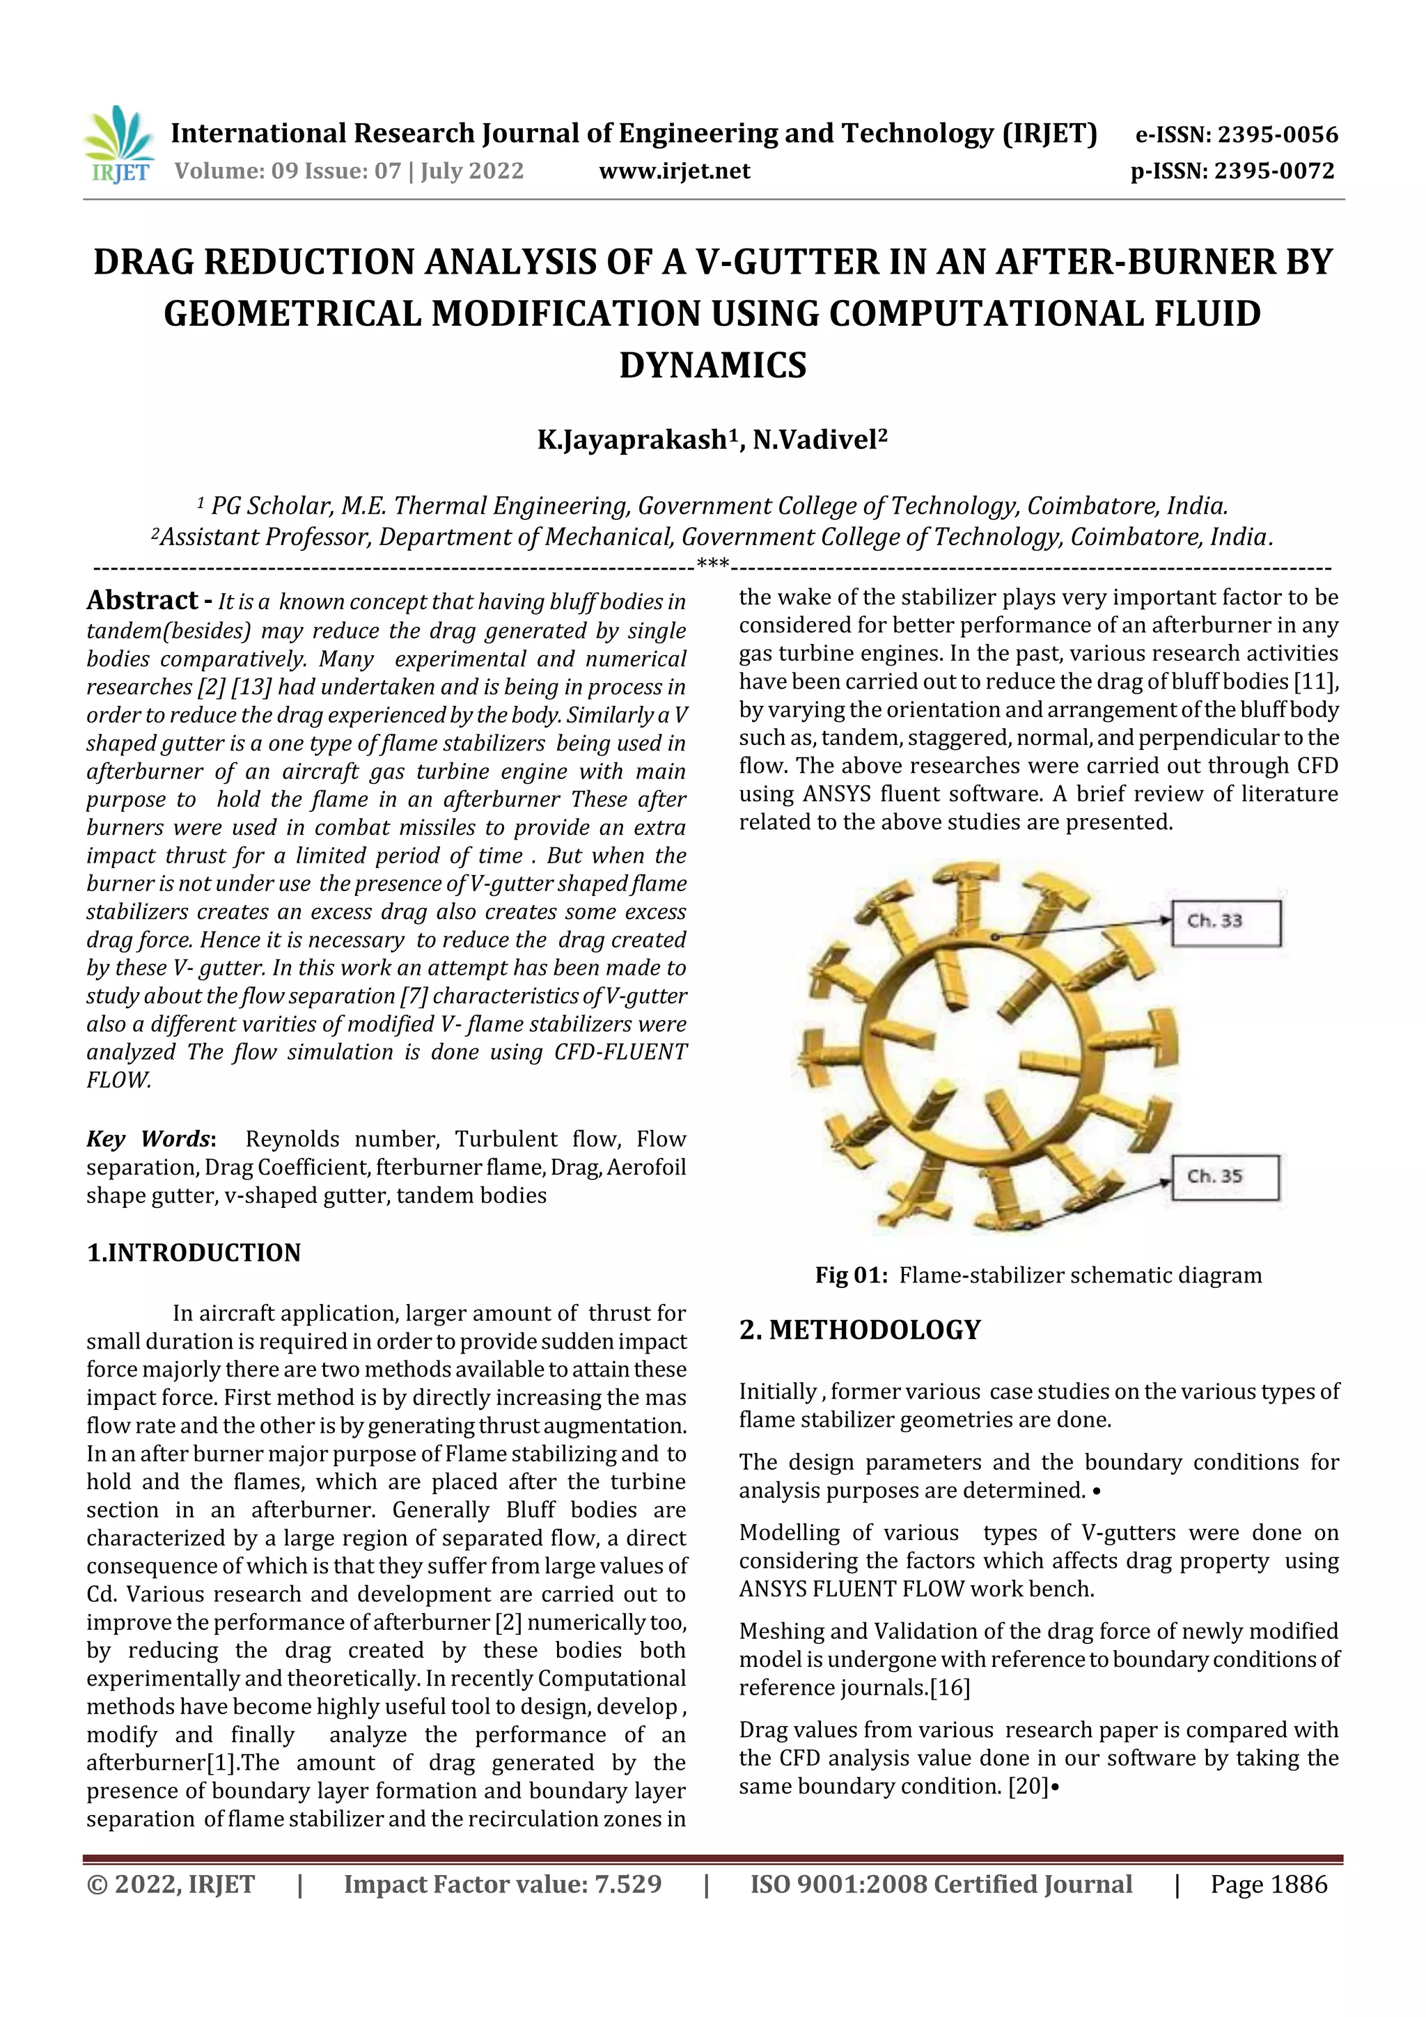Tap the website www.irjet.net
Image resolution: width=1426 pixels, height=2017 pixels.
(x=674, y=171)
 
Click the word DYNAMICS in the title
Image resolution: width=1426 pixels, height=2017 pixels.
(x=712, y=365)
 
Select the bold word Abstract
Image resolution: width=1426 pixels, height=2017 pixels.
(x=142, y=600)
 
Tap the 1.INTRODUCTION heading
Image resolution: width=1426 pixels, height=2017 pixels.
(x=194, y=1253)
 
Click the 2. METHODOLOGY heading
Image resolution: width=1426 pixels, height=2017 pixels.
(x=859, y=1329)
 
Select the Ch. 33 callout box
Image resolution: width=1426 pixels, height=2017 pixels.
(x=1225, y=922)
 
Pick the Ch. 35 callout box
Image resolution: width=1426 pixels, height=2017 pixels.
(x=1225, y=1176)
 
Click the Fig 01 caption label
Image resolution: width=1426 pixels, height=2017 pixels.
(x=850, y=1275)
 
